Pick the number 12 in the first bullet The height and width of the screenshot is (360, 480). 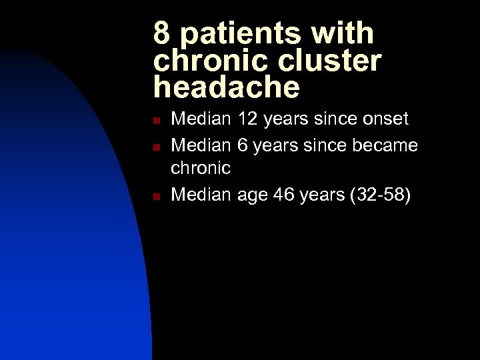249,119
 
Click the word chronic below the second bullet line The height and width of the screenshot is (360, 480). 201,168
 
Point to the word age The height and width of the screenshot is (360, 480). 251,195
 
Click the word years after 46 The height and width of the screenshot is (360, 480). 323,195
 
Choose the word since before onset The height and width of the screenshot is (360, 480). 329,119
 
